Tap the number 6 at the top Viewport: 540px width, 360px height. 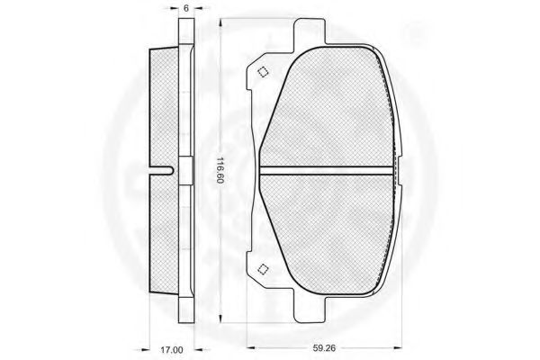point(186,8)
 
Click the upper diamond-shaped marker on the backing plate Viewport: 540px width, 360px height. point(263,72)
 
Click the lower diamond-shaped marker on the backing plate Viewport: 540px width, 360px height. point(263,269)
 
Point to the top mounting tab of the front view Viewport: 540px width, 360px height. point(309,31)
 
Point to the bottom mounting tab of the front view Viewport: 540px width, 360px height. point(309,310)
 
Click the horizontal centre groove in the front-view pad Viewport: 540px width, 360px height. point(326,170)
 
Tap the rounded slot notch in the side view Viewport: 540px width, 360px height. point(163,170)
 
